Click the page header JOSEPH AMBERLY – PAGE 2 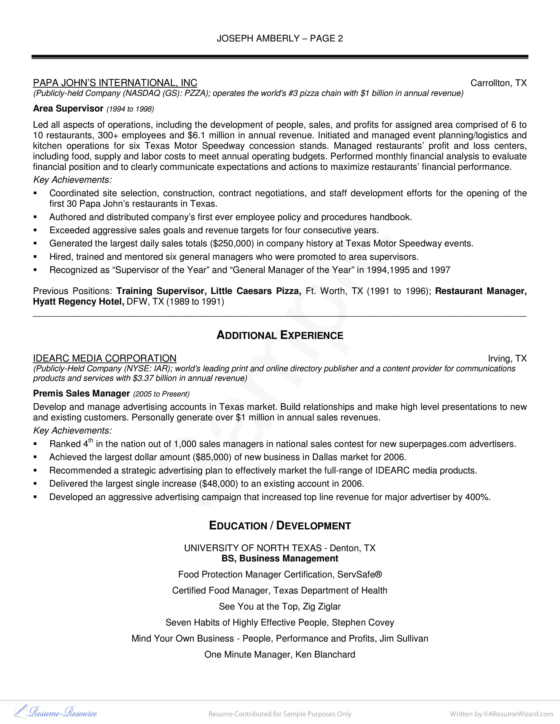280,39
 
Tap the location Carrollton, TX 498,83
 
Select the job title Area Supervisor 68,109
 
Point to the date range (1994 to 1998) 130,109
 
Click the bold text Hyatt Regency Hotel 79,302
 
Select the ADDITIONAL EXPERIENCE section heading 280,335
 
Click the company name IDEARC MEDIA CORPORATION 105,358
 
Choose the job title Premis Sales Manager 81,394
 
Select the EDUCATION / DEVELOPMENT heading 280,526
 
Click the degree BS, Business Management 280,559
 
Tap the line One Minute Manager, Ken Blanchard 280,654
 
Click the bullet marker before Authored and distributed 35,217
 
